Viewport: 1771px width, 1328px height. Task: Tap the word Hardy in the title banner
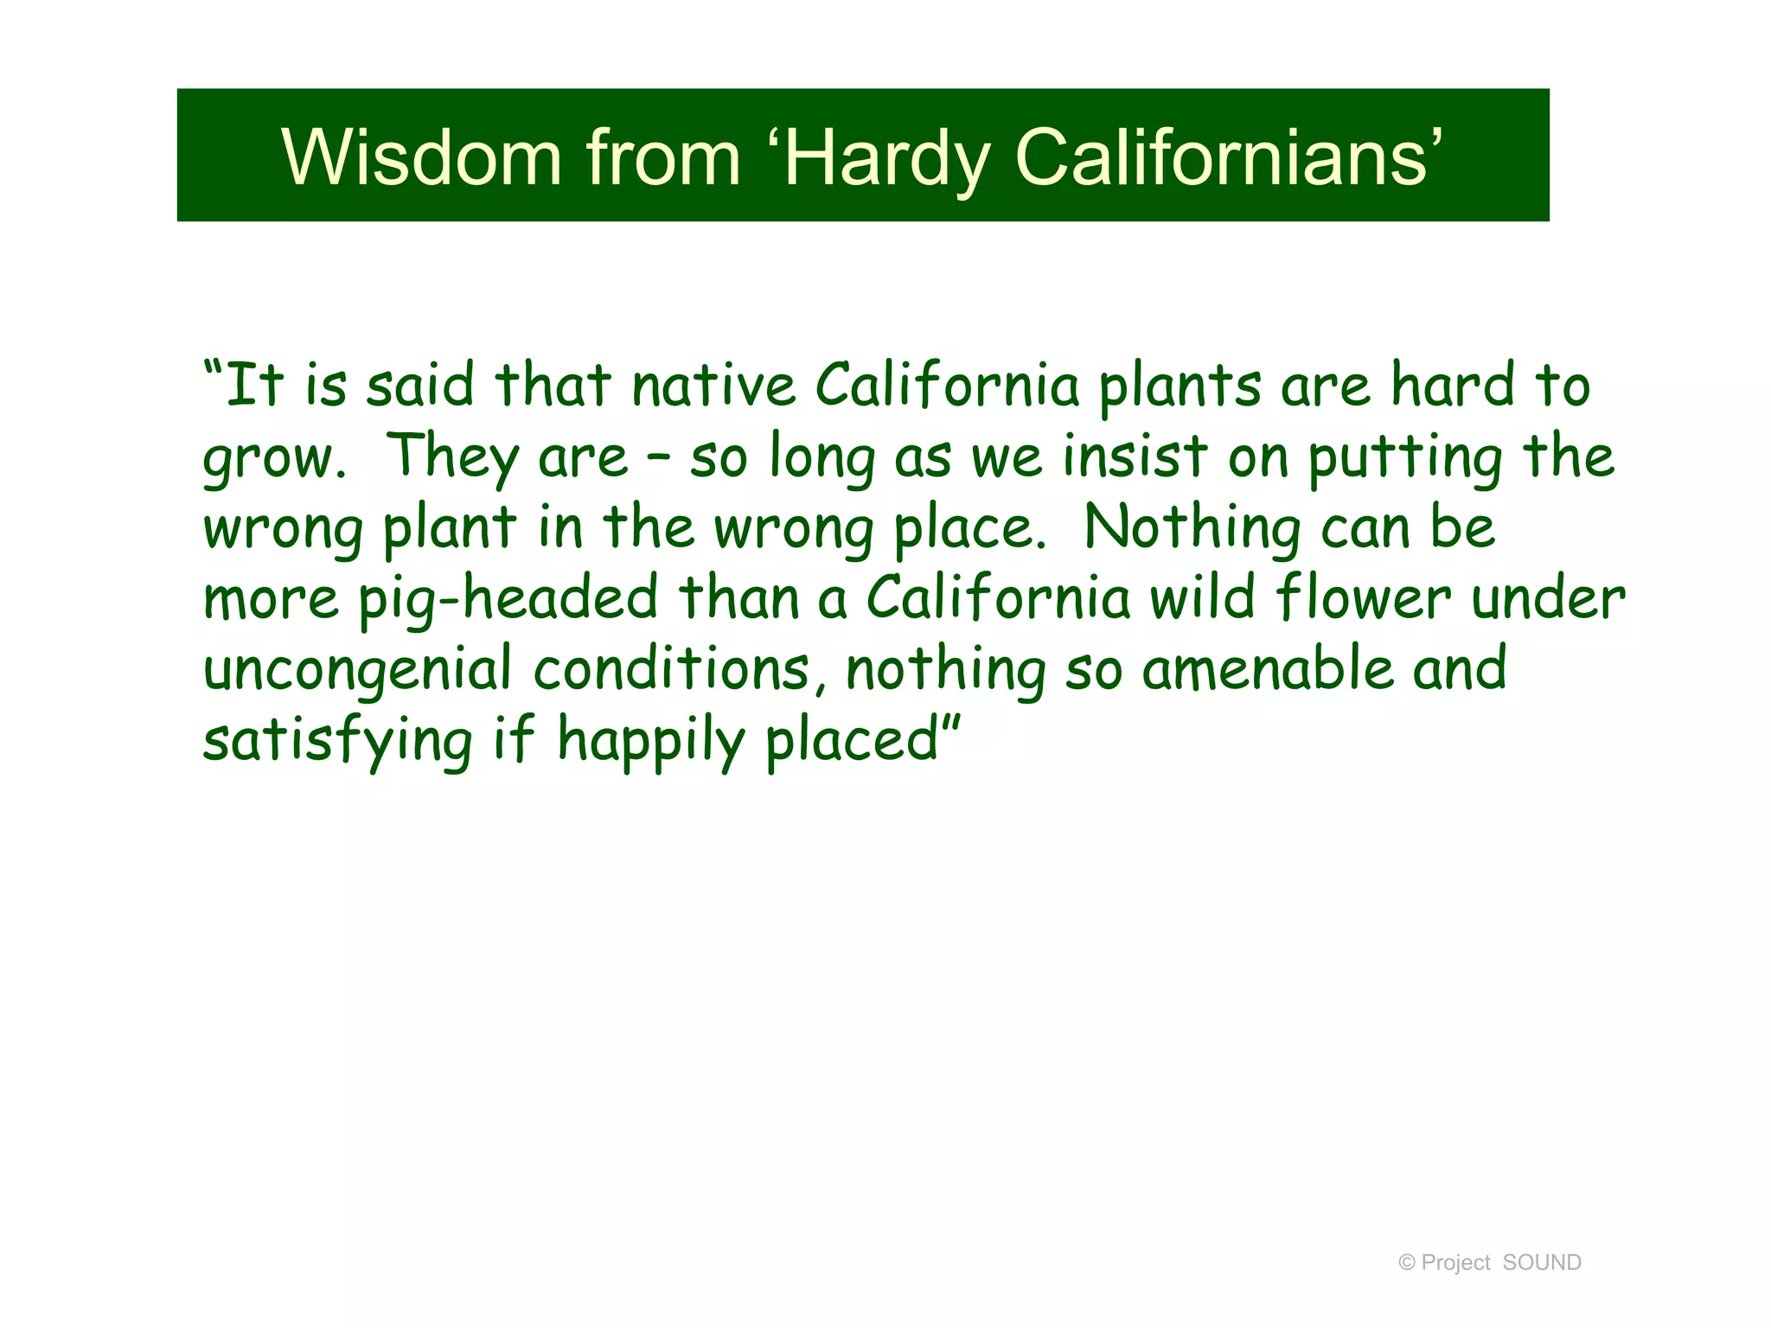point(885,158)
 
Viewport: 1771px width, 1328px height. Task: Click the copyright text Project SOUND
point(1489,1262)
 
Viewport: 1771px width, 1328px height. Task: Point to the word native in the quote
point(713,386)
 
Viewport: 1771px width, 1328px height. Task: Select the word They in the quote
point(451,456)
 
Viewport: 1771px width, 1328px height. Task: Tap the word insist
point(1135,456)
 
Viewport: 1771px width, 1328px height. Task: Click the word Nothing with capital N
point(1192,527)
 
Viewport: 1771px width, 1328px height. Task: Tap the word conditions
point(672,669)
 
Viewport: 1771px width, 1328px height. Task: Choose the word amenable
point(1268,669)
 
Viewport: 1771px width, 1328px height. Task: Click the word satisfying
point(337,742)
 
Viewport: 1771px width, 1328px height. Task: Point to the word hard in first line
point(1452,386)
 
